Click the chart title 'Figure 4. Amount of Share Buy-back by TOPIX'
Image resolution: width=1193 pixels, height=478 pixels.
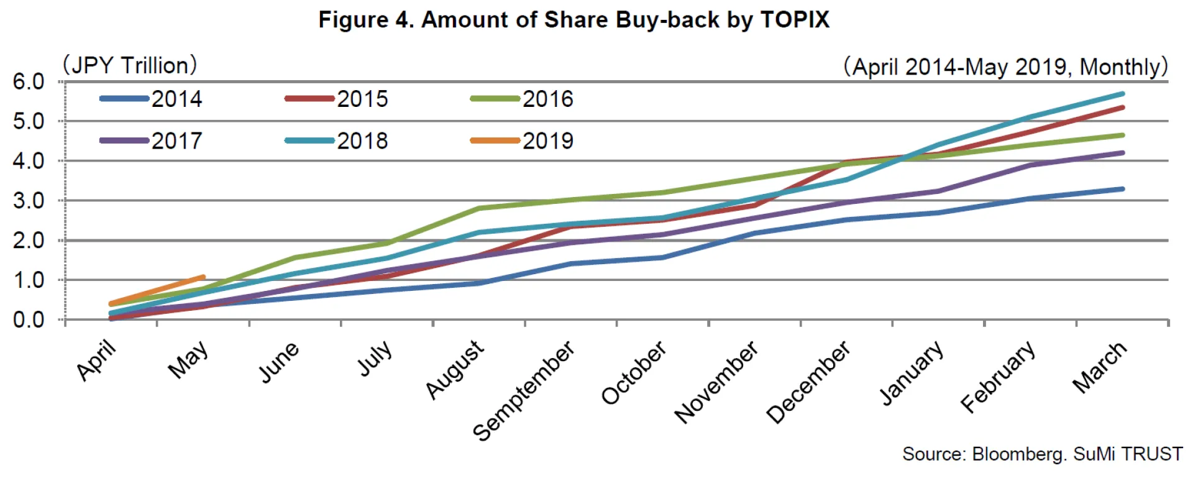(574, 20)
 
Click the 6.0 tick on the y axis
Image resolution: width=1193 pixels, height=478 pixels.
(29, 81)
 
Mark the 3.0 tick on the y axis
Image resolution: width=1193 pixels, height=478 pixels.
(29, 201)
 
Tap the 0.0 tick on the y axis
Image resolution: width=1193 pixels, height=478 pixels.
(29, 320)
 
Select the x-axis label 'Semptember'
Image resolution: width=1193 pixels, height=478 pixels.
(523, 391)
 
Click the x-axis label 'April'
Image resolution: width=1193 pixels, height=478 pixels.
(96, 360)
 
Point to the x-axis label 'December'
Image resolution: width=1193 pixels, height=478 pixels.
(808, 382)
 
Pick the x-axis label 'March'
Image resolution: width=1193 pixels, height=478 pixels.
(1099, 367)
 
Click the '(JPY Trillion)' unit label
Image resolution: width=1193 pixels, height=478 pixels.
(129, 65)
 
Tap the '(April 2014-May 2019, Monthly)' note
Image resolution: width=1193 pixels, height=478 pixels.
(1005, 67)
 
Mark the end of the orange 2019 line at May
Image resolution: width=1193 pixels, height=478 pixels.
(203, 277)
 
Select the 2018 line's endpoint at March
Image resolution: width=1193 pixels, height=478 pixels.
(1122, 94)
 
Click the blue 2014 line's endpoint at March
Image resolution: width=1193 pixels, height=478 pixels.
(1122, 189)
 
